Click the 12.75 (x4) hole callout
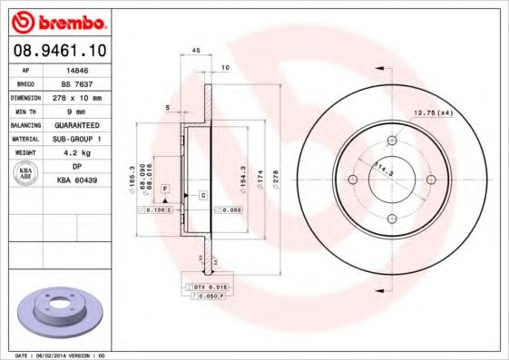point(434,112)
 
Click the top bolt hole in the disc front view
point(392,141)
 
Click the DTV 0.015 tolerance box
point(208,287)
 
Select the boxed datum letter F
point(165,188)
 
